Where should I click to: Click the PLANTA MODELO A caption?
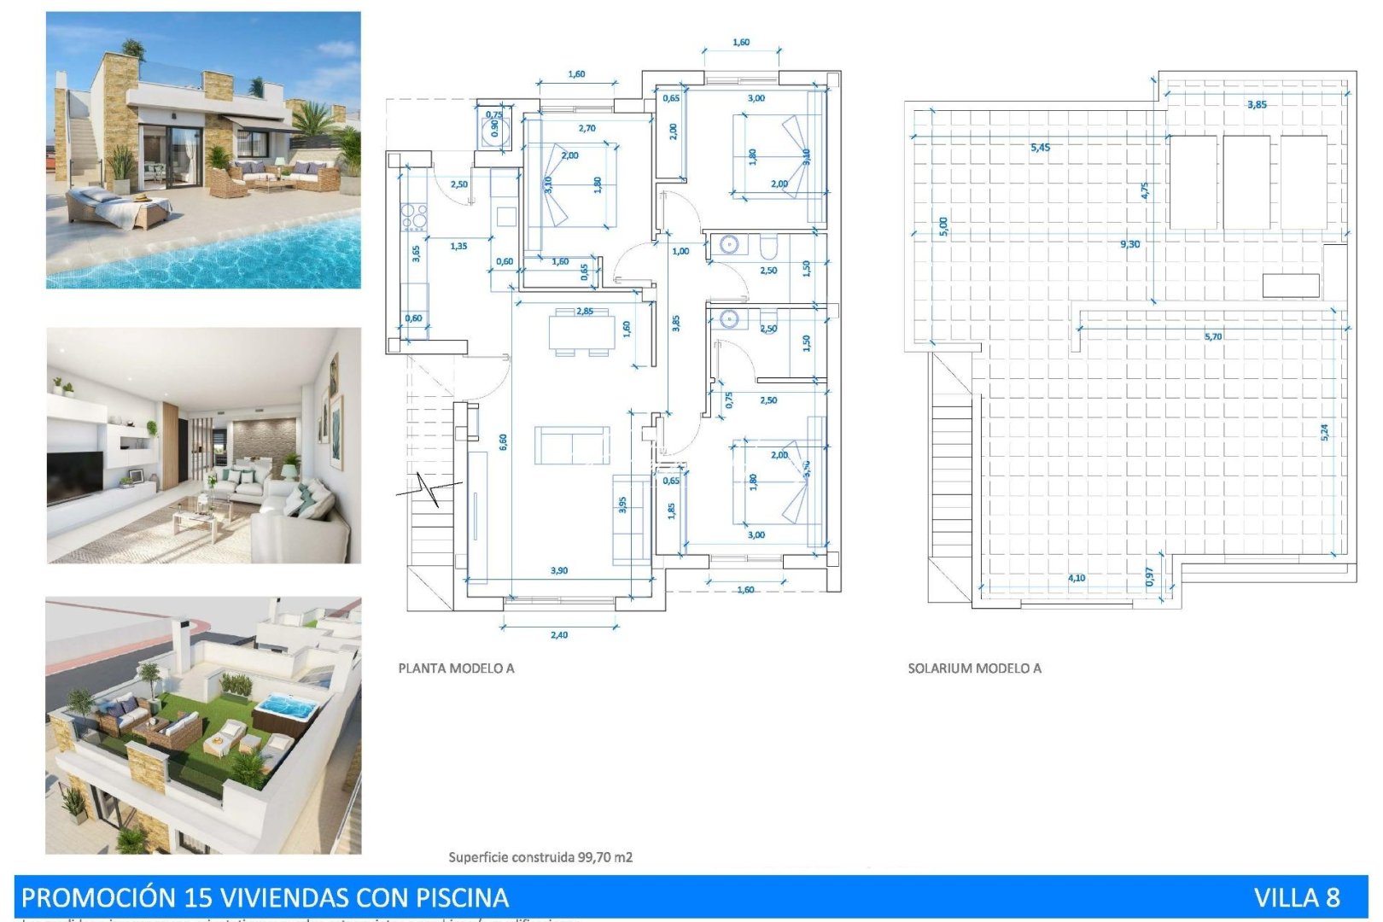point(456,668)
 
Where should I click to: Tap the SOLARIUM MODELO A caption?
point(974,668)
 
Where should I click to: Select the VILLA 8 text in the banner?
point(1296,897)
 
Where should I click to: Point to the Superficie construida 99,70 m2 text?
point(540,857)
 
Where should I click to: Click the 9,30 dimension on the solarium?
point(1129,244)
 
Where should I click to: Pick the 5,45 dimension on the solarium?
point(1040,148)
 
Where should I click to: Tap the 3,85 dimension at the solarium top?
point(1257,105)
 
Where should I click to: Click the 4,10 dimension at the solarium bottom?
point(1077,578)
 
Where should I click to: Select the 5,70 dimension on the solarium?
point(1212,336)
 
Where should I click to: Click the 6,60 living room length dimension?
point(504,441)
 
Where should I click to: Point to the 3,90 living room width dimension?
point(559,570)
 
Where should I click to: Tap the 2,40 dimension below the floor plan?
point(559,635)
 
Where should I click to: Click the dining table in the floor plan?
point(581,332)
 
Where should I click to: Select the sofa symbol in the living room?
point(572,445)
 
